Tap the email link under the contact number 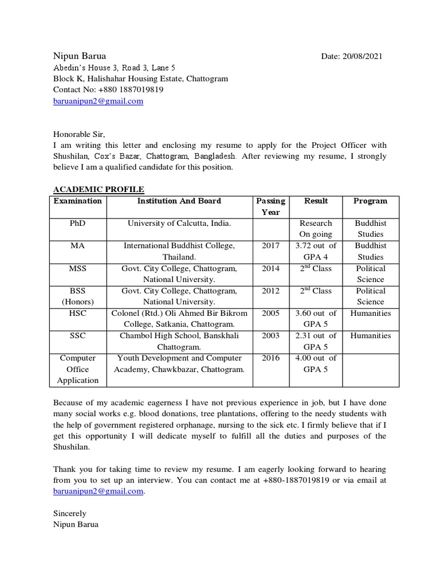click(98, 101)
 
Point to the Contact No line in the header click(108, 90)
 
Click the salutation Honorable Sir click(80, 134)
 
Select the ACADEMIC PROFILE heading click(99, 189)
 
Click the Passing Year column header click(270, 206)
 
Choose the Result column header click(316, 201)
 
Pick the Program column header click(370, 201)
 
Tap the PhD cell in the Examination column click(77, 223)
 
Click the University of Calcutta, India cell click(179, 223)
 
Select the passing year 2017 click(270, 245)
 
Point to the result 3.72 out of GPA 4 click(316, 251)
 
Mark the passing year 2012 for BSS click(270, 291)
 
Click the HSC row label click(77, 313)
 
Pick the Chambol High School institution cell click(179, 341)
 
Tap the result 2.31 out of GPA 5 click(316, 341)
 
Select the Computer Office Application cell click(77, 369)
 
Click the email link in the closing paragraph click(98, 491)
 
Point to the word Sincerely click(70, 513)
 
